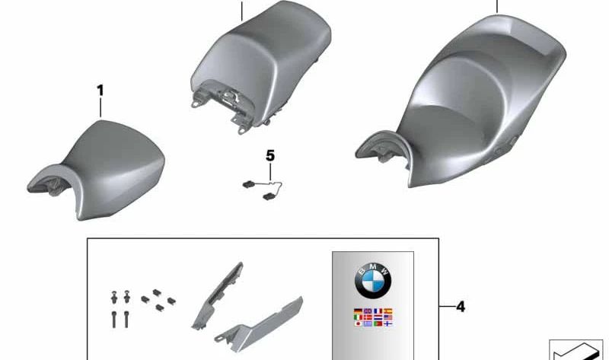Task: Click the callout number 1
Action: click(100, 91)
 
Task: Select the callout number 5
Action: click(270, 156)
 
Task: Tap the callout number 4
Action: click(461, 307)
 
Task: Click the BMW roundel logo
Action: click(373, 281)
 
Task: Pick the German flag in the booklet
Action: click(358, 311)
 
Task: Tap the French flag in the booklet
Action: click(378, 311)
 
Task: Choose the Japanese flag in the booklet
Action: click(358, 323)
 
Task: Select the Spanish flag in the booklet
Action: click(387, 311)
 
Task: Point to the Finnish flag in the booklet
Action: click(387, 323)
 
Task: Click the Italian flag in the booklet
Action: click(358, 317)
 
